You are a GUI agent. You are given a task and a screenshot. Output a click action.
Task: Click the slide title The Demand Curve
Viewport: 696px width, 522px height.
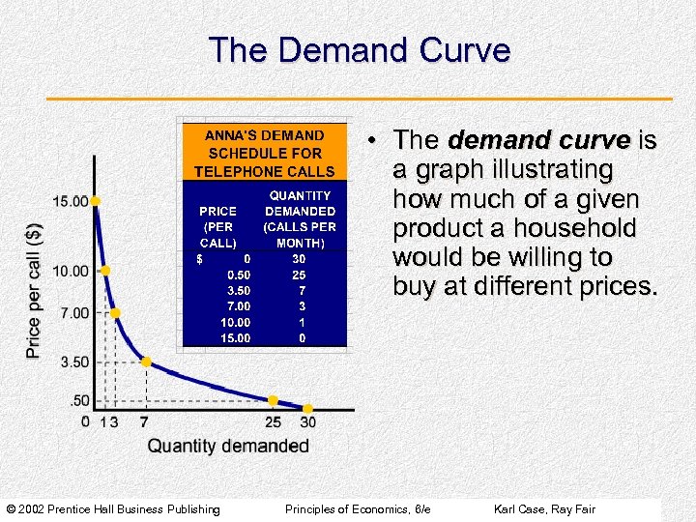click(x=359, y=50)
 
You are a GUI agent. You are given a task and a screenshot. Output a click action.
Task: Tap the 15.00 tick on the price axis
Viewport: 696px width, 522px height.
click(x=71, y=201)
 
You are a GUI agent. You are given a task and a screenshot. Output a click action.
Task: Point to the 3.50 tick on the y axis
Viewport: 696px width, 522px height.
click(x=71, y=362)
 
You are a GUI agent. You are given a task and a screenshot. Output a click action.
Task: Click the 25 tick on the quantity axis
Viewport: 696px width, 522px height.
click(x=274, y=422)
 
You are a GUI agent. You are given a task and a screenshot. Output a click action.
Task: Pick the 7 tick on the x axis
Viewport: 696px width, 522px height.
click(x=144, y=422)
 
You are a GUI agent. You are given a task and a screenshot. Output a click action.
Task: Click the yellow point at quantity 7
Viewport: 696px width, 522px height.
click(x=146, y=362)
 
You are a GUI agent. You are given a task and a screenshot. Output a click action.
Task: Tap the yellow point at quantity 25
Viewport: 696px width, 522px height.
click(x=274, y=400)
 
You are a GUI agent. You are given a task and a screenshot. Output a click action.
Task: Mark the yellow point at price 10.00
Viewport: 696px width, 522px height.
click(x=105, y=271)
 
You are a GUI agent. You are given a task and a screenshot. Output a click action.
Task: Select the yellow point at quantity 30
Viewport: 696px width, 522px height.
click(x=308, y=409)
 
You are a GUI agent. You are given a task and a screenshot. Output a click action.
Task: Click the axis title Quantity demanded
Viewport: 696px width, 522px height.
click(x=228, y=446)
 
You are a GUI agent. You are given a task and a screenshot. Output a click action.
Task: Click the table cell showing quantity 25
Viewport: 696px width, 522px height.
click(x=300, y=275)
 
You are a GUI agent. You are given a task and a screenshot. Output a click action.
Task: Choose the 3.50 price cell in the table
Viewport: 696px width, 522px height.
click(x=238, y=290)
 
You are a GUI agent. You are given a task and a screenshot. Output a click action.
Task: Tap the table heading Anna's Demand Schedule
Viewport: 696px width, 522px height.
click(x=264, y=153)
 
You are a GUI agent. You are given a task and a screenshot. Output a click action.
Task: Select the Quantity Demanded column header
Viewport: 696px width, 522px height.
click(x=300, y=218)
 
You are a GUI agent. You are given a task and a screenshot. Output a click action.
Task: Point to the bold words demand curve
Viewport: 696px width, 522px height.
click(x=538, y=141)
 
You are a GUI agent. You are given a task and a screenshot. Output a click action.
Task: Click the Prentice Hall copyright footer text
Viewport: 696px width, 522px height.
click(x=113, y=509)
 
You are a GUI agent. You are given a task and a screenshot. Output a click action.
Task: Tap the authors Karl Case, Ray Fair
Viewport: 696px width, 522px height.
click(x=544, y=509)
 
